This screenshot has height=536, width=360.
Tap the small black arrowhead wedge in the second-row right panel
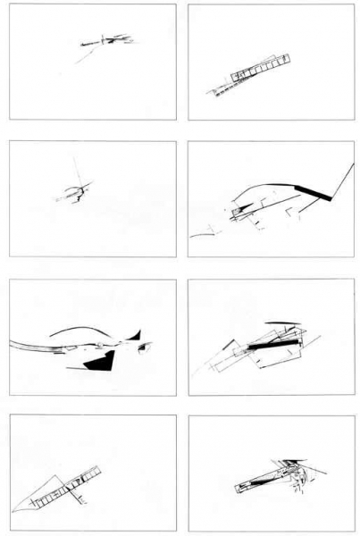click(x=237, y=213)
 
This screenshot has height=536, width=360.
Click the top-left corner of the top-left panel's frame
click(x=9, y=4)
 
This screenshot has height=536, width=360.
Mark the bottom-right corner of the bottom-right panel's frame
click(x=355, y=531)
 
